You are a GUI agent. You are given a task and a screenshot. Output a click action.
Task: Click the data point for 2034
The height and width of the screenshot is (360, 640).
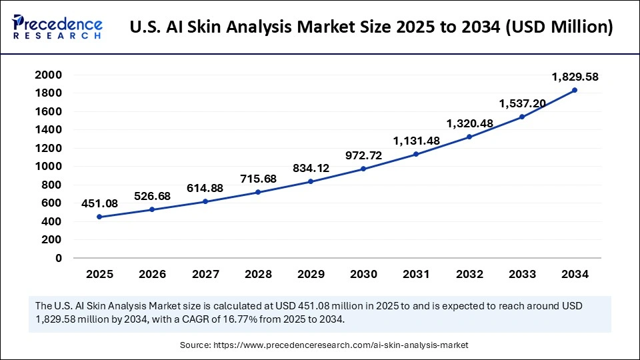coord(575,90)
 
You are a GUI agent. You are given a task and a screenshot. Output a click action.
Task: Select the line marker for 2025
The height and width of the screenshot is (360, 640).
coord(99,217)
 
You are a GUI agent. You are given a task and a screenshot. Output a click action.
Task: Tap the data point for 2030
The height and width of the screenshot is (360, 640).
coord(363,169)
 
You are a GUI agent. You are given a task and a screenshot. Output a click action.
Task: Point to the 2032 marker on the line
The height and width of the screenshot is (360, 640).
coord(469,137)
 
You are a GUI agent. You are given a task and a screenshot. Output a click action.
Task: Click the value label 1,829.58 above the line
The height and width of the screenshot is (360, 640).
coord(575,77)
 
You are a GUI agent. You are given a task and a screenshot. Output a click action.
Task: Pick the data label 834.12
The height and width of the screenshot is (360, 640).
coord(312,167)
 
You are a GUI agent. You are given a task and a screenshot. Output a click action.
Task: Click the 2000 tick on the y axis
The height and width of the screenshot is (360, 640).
coord(49,75)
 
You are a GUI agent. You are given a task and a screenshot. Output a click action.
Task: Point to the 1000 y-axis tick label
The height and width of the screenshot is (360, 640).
coord(49,167)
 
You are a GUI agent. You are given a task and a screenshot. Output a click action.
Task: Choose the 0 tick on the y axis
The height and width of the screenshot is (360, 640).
coord(59,258)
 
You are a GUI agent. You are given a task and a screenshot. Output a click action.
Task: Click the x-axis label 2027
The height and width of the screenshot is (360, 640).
coord(205,274)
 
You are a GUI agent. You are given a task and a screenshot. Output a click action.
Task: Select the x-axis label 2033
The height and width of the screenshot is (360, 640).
coord(522,274)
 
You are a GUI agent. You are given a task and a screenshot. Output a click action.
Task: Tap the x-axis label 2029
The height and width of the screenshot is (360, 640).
coord(311,274)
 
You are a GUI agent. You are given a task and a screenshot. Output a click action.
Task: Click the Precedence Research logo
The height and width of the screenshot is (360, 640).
coord(57,27)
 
